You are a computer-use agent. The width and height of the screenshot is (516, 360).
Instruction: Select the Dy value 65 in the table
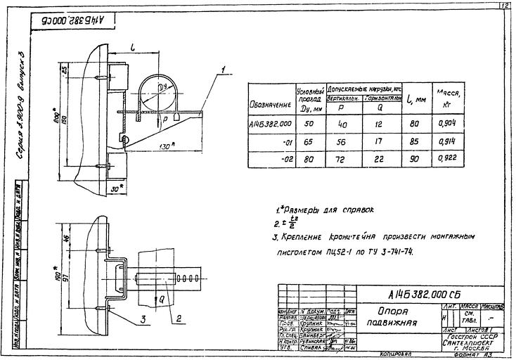click(306, 140)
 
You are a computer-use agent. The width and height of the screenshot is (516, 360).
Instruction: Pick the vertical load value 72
click(344, 159)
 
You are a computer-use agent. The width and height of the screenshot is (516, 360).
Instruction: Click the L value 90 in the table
click(413, 159)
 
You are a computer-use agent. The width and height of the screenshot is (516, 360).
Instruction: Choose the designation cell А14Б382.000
click(270, 123)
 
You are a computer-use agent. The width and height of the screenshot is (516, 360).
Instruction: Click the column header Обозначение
click(269, 105)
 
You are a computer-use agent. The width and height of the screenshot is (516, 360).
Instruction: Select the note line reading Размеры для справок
click(325, 210)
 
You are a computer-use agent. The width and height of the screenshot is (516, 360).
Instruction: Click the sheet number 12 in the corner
click(505, 6)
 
